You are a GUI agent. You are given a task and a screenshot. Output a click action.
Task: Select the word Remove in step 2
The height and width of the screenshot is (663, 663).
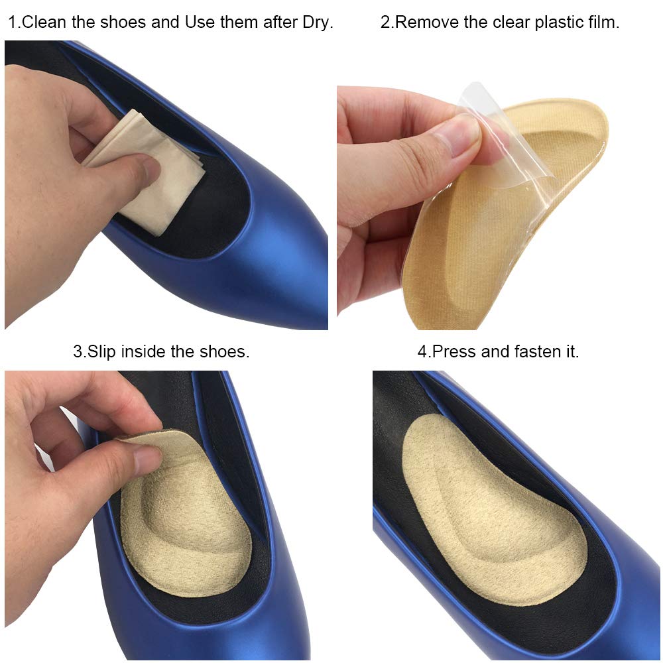422,23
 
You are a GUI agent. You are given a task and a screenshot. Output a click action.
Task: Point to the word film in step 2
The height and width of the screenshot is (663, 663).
603,23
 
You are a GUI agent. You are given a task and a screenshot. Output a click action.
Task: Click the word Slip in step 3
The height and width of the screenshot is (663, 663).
99,352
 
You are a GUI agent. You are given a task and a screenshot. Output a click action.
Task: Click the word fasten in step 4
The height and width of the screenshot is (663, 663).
534,352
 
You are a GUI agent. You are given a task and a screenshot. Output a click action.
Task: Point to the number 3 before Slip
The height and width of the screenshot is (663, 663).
77,352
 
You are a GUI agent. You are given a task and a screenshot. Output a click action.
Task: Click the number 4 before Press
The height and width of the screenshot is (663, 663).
422,352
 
